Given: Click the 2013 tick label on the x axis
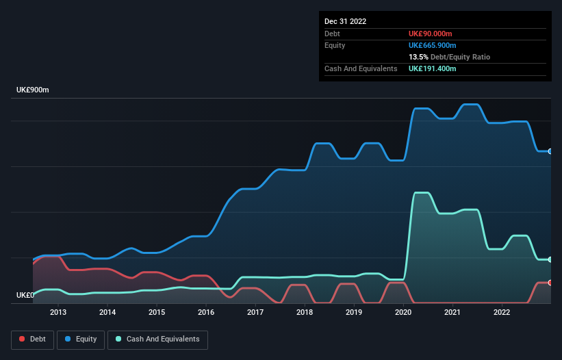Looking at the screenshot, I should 58,313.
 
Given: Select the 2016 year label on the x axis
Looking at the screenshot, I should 206,313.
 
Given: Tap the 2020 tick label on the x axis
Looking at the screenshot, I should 403,313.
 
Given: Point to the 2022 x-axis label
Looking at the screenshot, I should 502,313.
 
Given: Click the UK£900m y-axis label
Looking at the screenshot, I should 33,90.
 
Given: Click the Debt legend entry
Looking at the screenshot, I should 32,339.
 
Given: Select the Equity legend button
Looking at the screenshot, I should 81,339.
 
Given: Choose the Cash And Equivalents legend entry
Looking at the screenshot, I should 157,339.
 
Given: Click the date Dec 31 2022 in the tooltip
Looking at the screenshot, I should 346,21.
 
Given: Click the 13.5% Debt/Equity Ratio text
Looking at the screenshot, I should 449,57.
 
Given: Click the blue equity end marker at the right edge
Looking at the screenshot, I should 550,151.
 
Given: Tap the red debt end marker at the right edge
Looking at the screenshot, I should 550,283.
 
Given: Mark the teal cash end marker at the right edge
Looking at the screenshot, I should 550,259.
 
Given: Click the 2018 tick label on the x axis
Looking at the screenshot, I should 305,313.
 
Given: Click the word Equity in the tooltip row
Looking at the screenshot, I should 335,45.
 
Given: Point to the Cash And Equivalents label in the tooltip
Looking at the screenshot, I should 361,69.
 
